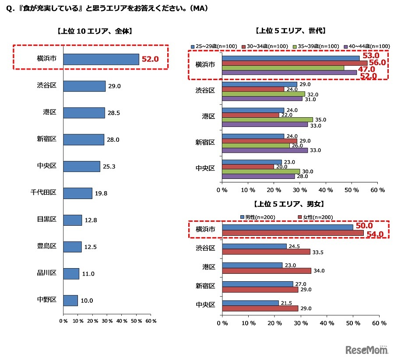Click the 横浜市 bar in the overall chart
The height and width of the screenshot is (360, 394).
101,59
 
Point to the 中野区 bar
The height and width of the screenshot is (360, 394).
70,301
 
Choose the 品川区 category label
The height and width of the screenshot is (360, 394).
46,273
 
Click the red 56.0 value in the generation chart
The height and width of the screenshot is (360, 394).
377,63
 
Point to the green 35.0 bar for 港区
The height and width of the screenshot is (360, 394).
267,119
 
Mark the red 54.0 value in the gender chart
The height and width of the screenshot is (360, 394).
375,234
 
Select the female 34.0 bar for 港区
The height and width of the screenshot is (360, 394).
267,271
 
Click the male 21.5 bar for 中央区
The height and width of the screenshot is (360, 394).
250,303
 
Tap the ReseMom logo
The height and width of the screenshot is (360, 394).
367,350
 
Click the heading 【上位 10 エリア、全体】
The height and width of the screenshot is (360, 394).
95,31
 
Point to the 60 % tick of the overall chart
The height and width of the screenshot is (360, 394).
151,322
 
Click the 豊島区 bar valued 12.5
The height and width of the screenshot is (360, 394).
72,247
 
